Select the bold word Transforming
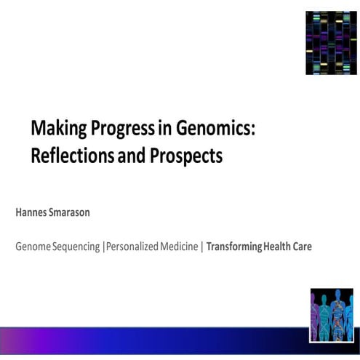click(x=233, y=247)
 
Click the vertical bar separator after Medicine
click(x=201, y=247)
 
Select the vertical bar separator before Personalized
click(x=104, y=247)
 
